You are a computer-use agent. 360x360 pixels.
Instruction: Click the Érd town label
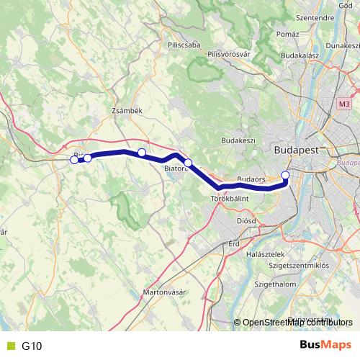click(x=233, y=243)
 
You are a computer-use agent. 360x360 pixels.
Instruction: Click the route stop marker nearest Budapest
click(x=285, y=175)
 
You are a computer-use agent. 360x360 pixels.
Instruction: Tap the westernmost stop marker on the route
click(x=74, y=160)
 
